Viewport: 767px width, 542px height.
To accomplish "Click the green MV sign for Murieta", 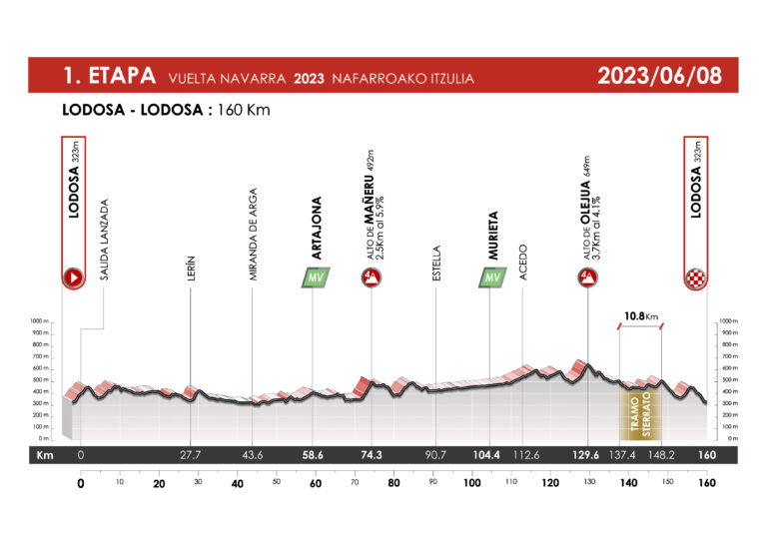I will pos(490,277).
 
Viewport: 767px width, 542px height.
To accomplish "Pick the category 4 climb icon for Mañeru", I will pos(372,277).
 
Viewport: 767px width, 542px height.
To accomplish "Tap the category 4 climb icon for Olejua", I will pos(587,277).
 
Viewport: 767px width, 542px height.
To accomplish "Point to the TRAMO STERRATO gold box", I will pos(639,410).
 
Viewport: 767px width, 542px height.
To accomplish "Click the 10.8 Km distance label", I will pos(640,317).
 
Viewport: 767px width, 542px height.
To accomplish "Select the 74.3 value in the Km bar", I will pos(372,455).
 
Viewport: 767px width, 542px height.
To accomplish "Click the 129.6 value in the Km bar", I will pos(587,455).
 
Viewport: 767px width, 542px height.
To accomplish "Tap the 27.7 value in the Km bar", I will pos(190,455).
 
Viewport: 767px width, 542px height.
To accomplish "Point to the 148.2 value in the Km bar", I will pos(662,455).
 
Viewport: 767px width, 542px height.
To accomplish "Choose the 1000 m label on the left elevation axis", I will pos(41,320).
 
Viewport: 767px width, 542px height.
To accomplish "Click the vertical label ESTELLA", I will pos(436,263).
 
